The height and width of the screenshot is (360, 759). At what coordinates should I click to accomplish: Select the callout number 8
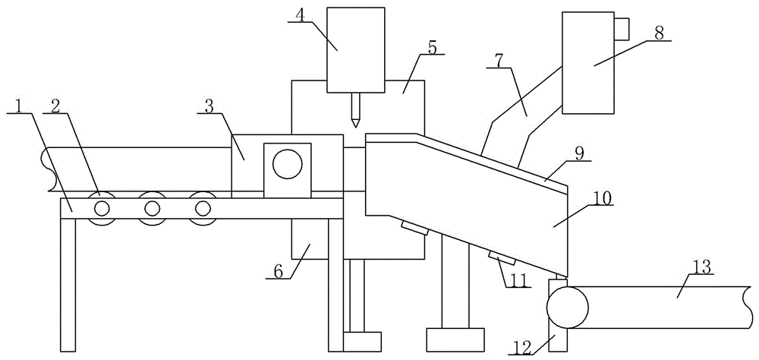[x=660, y=33]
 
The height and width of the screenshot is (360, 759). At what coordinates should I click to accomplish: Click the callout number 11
[x=515, y=279]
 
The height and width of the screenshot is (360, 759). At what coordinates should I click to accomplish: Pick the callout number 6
[x=277, y=271]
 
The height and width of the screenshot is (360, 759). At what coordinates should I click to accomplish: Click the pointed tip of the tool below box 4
[x=356, y=127]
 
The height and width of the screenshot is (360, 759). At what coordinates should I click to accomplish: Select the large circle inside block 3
[x=287, y=165]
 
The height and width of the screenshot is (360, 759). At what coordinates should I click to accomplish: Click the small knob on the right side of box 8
[x=622, y=29]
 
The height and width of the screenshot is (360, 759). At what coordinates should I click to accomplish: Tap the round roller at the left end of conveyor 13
[x=567, y=307]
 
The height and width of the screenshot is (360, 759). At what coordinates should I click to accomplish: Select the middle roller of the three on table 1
[x=152, y=208]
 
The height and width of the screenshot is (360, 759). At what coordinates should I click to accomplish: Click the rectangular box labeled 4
[x=356, y=49]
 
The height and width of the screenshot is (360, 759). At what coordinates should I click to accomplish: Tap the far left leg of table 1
[x=68, y=284]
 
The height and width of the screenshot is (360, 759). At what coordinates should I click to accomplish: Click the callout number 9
[x=580, y=153]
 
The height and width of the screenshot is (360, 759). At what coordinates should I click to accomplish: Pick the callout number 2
[x=55, y=106]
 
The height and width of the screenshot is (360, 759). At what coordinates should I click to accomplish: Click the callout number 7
[x=499, y=61]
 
